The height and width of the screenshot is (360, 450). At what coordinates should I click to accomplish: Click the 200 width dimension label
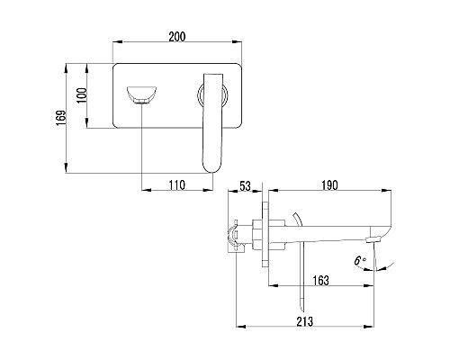(x=177, y=37)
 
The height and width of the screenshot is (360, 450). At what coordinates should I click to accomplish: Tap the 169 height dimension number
(x=61, y=118)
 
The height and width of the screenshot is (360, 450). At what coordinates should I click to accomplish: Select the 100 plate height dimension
(x=82, y=95)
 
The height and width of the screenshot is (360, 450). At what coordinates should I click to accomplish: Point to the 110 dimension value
(x=177, y=185)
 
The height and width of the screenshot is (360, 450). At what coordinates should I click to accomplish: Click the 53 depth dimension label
(x=245, y=186)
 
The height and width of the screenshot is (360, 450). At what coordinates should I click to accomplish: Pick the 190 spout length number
(x=329, y=185)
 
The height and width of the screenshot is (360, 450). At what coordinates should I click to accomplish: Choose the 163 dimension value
(x=320, y=281)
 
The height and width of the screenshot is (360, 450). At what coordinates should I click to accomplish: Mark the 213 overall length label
(x=305, y=321)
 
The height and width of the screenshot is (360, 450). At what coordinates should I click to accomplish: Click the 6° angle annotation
(x=360, y=260)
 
